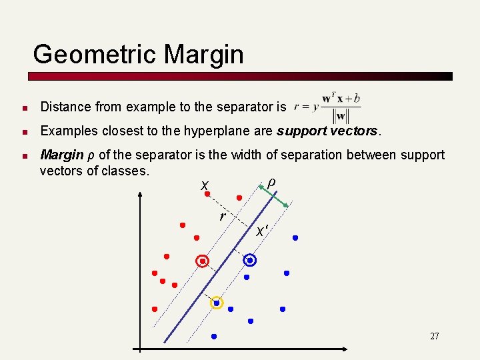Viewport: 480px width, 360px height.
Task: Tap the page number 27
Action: (434, 336)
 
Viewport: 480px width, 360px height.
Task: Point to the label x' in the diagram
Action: (263, 231)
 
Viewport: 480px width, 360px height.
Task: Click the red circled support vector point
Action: (203, 261)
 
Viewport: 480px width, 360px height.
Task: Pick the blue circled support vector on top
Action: (250, 261)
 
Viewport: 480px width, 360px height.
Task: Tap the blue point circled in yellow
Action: (216, 303)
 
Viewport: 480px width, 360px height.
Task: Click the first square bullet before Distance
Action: (23, 107)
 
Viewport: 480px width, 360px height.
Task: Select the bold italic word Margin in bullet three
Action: (61, 155)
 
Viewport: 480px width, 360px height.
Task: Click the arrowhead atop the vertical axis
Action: (140, 195)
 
